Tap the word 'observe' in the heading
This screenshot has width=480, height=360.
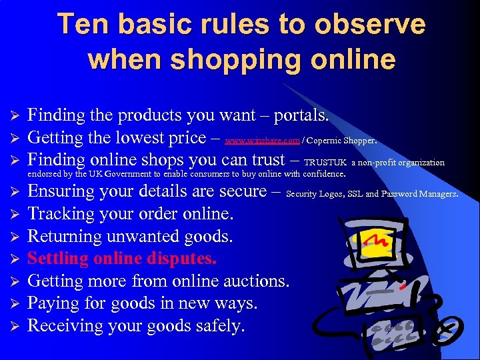370,25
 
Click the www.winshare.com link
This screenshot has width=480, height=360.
262,141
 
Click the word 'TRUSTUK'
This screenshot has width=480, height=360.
325,162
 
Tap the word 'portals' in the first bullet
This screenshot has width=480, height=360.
296,115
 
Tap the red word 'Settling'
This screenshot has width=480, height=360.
57,258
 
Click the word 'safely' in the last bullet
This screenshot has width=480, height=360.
221,325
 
